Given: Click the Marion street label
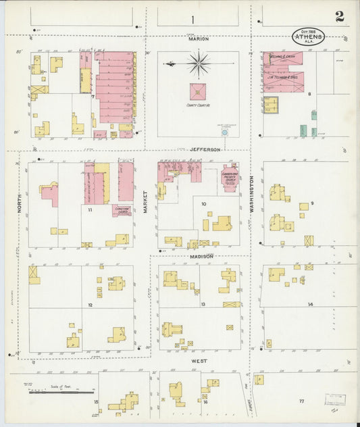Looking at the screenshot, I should pyautogui.click(x=199, y=39).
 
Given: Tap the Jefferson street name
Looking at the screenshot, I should pyautogui.click(x=205, y=149).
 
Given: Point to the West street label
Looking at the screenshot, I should pyautogui.click(x=200, y=361).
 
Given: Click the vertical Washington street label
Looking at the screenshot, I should pyautogui.click(x=251, y=195).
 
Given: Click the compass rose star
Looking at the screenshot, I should pyautogui.click(x=199, y=65).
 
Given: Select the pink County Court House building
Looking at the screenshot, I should pyautogui.click(x=198, y=91).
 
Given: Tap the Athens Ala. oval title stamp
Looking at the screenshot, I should pyautogui.click(x=309, y=36).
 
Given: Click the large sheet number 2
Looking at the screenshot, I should pyautogui.click(x=339, y=17).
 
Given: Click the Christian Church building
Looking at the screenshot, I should pyautogui.click(x=122, y=211).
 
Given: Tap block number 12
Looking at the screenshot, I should pyautogui.click(x=89, y=305).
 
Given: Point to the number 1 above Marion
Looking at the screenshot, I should pyautogui.click(x=192, y=19).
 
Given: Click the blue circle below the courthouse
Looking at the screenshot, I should pyautogui.click(x=224, y=134).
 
